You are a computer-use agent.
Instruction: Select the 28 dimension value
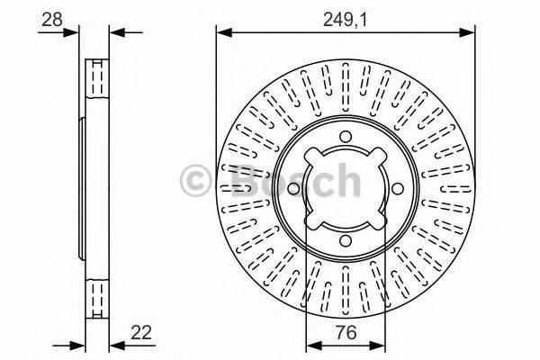pyautogui.click(x=52, y=16)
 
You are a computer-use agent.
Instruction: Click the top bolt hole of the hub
pyautogui.click(x=346, y=137)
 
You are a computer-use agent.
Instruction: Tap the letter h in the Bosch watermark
pyautogui.click(x=345, y=183)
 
